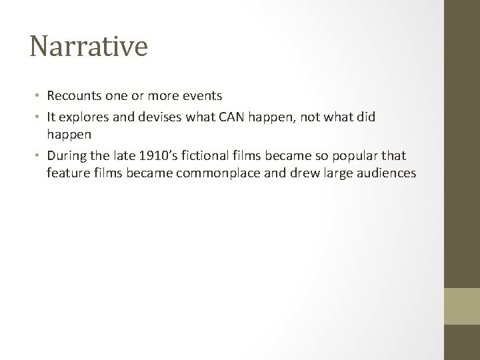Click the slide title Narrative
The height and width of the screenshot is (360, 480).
(89, 47)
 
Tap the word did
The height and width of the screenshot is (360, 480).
(365, 117)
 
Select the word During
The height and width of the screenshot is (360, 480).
(67, 157)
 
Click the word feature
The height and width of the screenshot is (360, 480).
(67, 174)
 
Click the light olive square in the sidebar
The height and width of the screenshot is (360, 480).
(462, 306)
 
